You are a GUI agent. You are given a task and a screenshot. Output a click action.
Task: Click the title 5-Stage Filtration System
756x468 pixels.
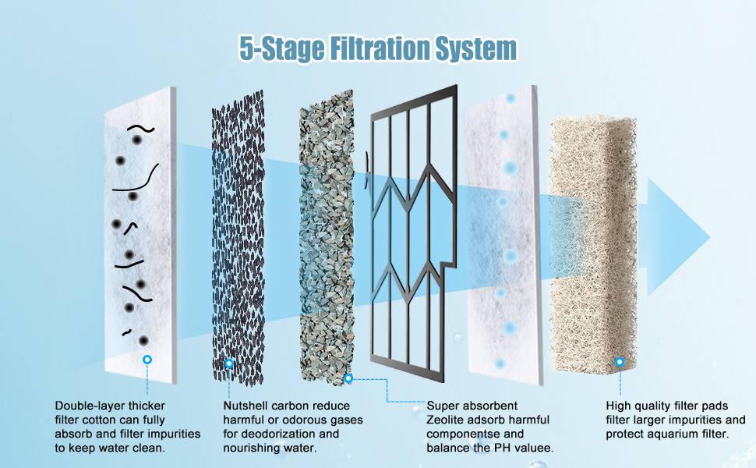[x=377, y=49]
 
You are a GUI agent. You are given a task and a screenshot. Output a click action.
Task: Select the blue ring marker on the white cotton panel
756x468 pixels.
[x=147, y=360]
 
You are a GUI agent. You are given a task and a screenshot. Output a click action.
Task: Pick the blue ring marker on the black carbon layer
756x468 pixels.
[x=229, y=363]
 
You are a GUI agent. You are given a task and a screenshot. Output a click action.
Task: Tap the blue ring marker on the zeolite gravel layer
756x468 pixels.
[x=348, y=378]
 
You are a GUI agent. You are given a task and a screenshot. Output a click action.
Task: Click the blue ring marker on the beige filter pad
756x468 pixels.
[x=620, y=362]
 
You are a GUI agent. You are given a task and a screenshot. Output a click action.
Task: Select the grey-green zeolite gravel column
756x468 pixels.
[x=327, y=234]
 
